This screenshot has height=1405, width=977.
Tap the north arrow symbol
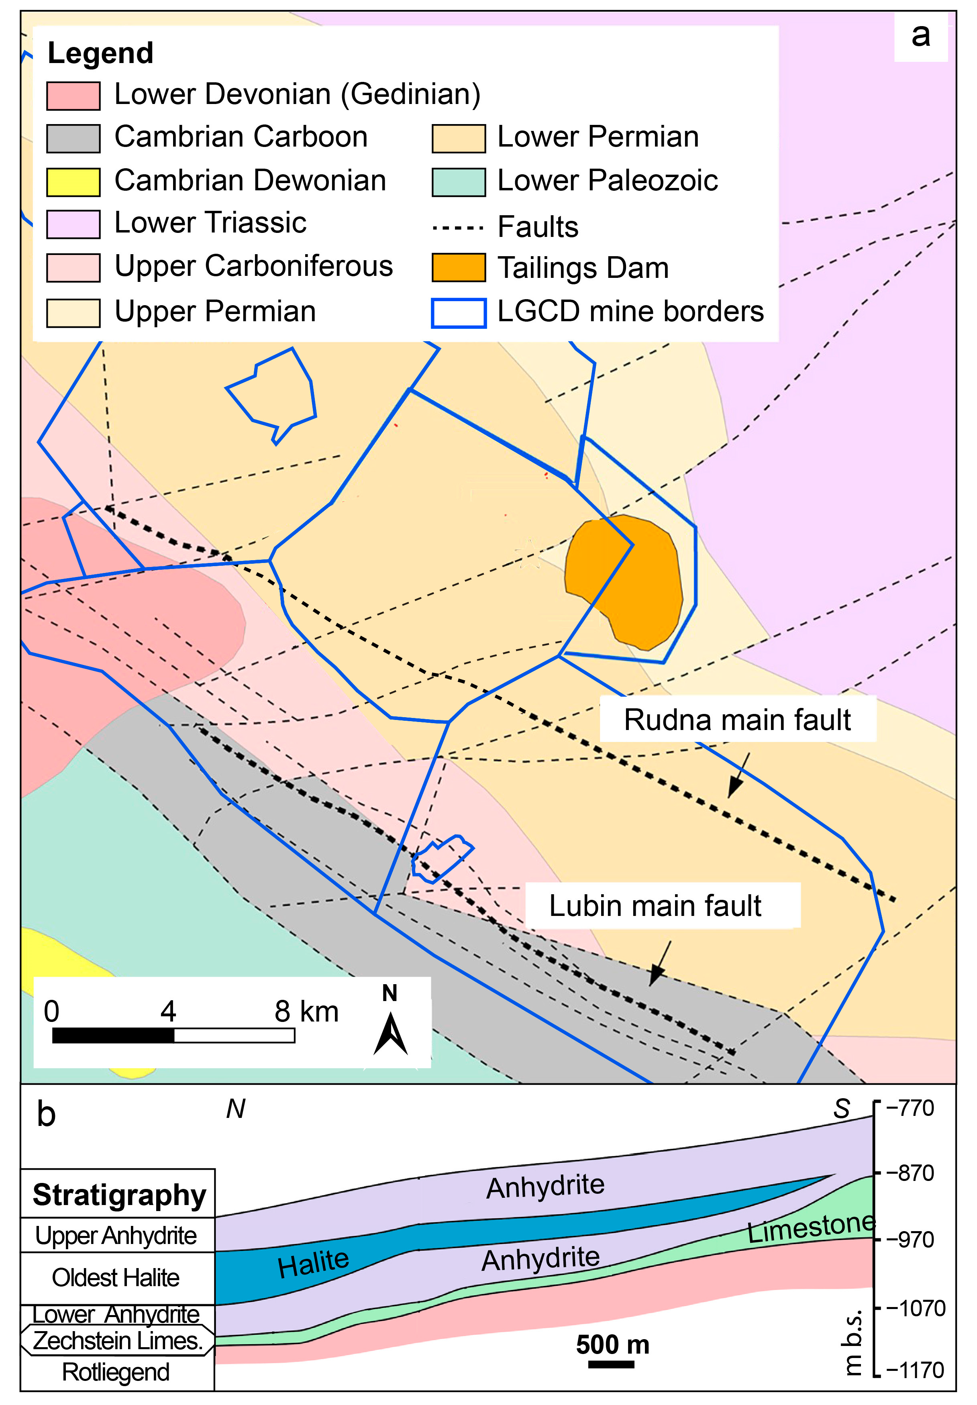click(390, 1034)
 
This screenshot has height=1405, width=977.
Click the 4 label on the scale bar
click(168, 1011)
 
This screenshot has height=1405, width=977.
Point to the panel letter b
click(46, 1114)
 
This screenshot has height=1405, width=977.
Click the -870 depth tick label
click(910, 1173)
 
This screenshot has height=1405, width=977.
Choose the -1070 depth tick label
click(915, 1308)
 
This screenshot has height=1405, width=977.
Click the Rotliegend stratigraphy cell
click(116, 1372)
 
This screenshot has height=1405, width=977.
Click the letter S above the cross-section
click(842, 1109)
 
